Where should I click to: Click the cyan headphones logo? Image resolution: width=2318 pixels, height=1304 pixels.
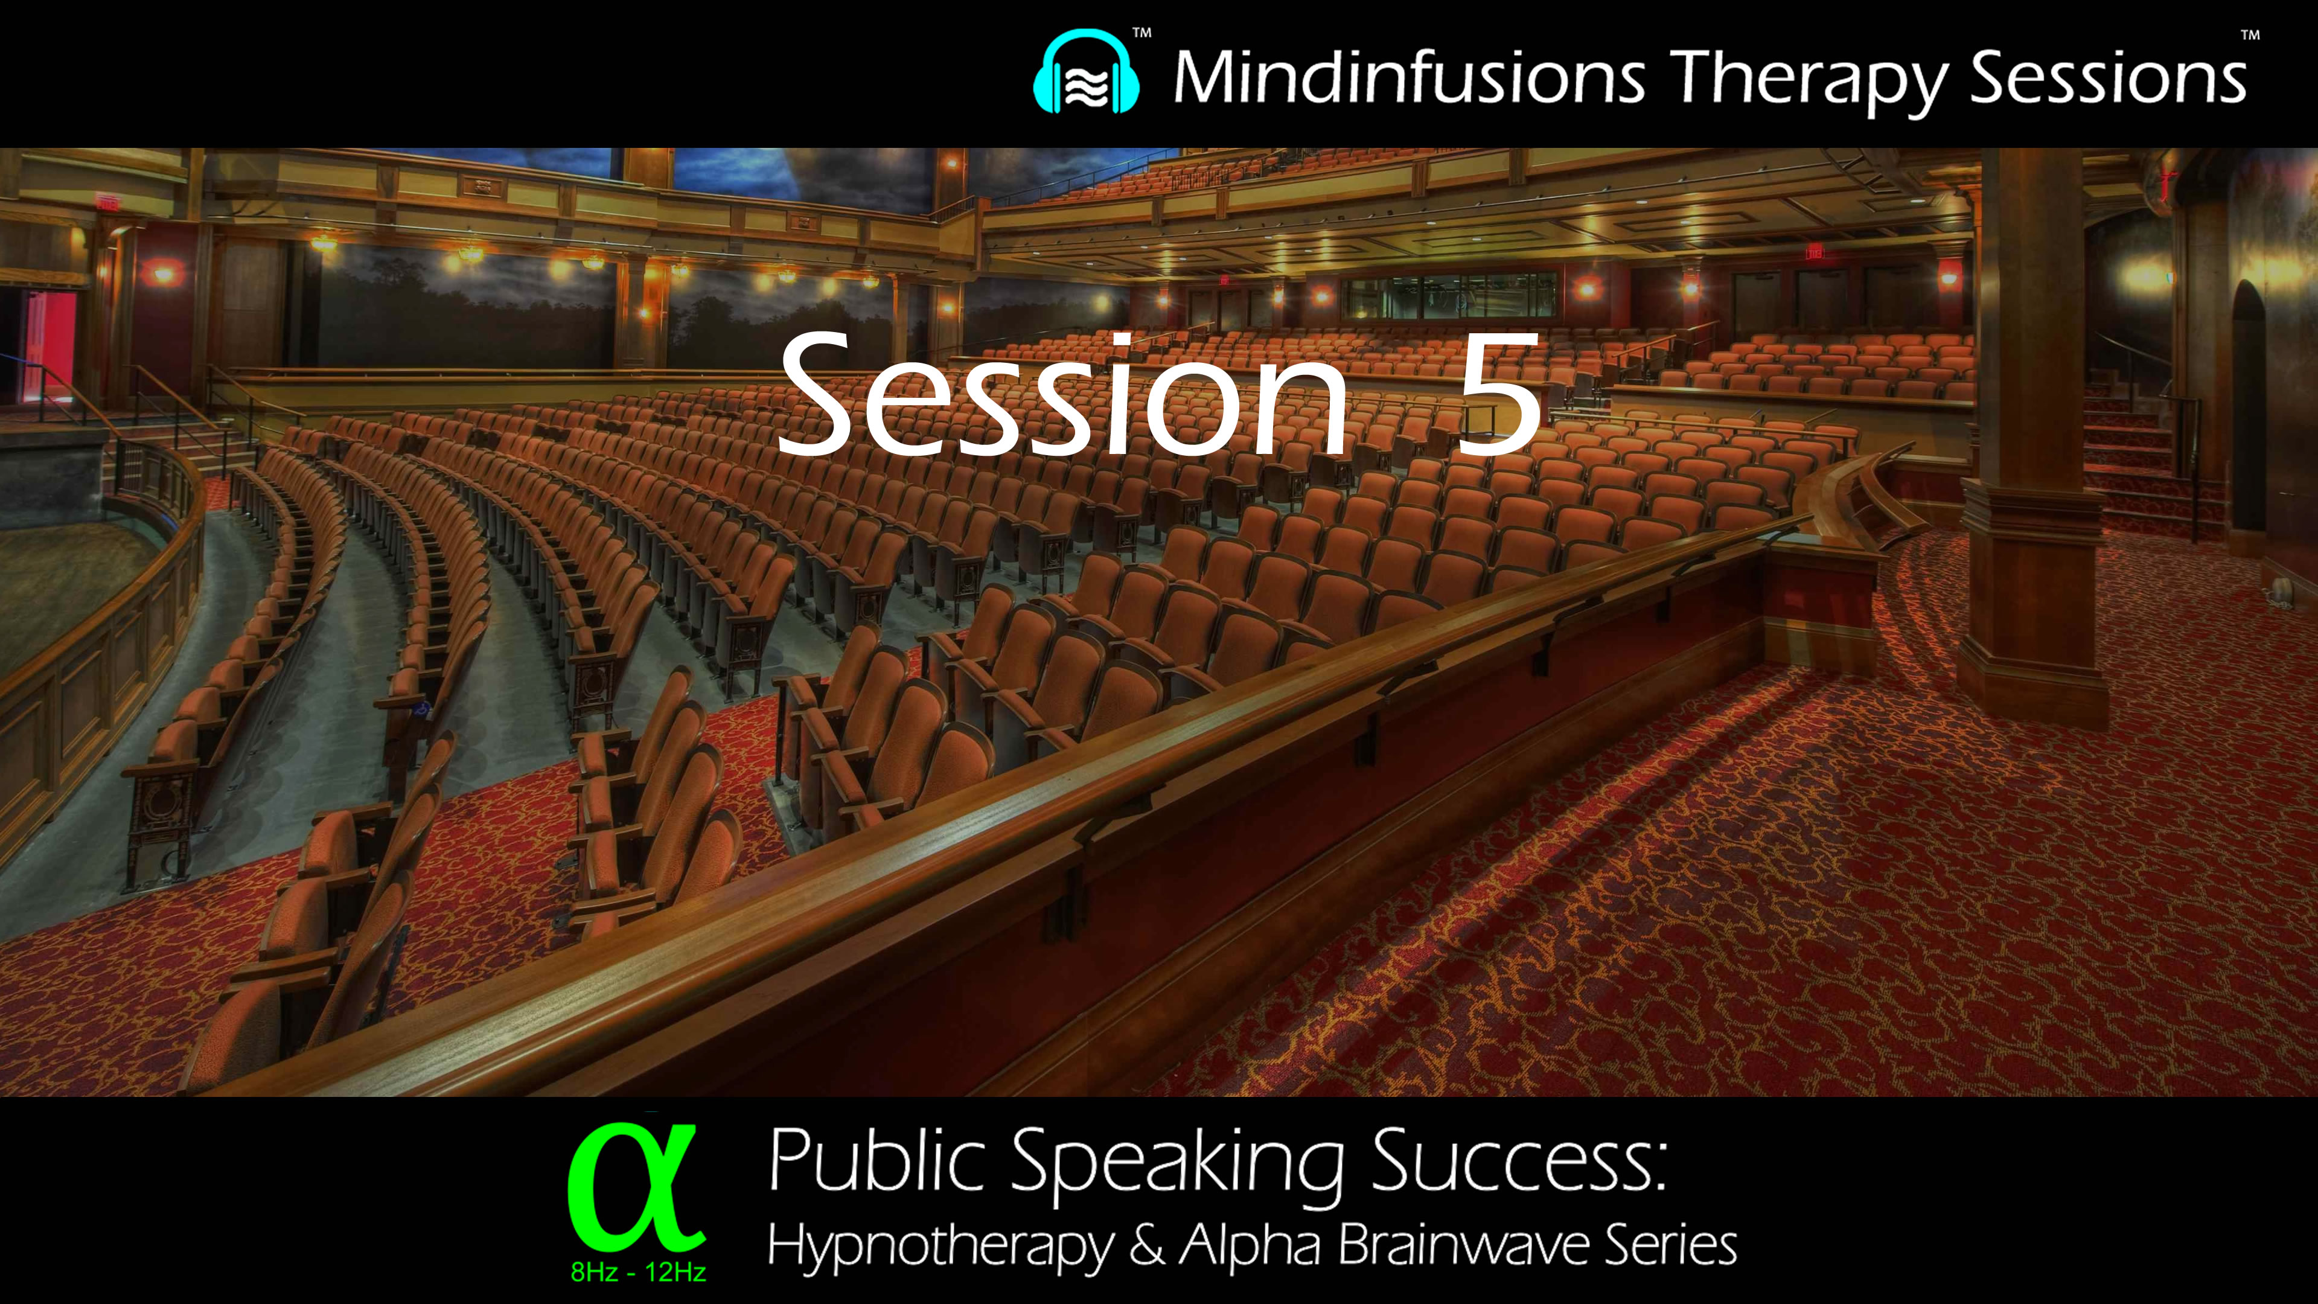coord(1086,73)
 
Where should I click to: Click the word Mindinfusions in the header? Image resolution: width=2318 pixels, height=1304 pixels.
coord(1409,77)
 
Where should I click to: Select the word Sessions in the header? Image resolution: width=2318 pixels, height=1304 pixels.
coord(2109,77)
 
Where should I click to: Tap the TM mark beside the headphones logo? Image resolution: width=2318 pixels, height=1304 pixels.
coord(1141,33)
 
